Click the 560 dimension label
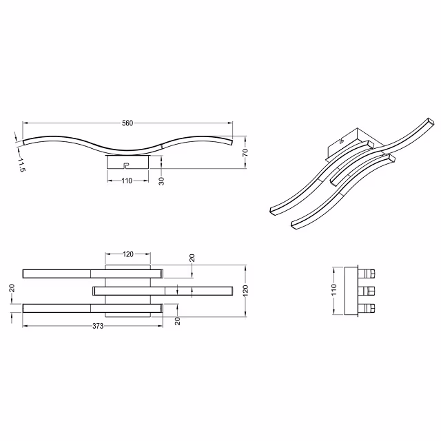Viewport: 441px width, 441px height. pyautogui.click(x=127, y=123)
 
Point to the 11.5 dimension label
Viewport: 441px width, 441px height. pyautogui.click(x=21, y=165)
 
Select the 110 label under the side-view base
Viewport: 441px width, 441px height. pyautogui.click(x=127, y=181)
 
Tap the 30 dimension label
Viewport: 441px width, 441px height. pyautogui.click(x=161, y=181)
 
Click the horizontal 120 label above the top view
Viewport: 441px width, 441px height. pyautogui.click(x=127, y=254)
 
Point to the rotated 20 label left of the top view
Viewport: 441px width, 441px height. pyautogui.click(x=12, y=289)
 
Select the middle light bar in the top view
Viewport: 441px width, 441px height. pyautogui.click(x=163, y=291)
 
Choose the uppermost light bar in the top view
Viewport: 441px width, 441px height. pyautogui.click(x=92, y=272)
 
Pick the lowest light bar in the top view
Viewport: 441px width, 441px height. pyautogui.click(x=92, y=308)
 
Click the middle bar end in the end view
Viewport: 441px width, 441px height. pyautogui.click(x=367, y=289)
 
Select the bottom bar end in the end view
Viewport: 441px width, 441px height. pyautogui.click(x=367, y=308)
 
